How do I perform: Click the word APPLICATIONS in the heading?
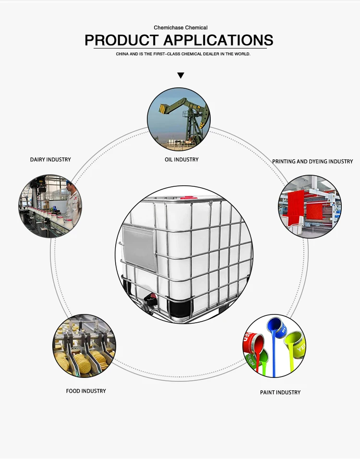[218, 40]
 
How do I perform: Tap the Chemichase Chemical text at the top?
[180, 28]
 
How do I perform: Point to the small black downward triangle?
[180, 75]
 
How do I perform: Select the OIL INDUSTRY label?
[181, 159]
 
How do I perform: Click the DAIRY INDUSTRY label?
[50, 159]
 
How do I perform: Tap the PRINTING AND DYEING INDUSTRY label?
[312, 161]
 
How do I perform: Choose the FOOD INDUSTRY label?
[86, 391]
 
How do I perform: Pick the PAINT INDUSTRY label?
[280, 392]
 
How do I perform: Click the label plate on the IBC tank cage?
[139, 247]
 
